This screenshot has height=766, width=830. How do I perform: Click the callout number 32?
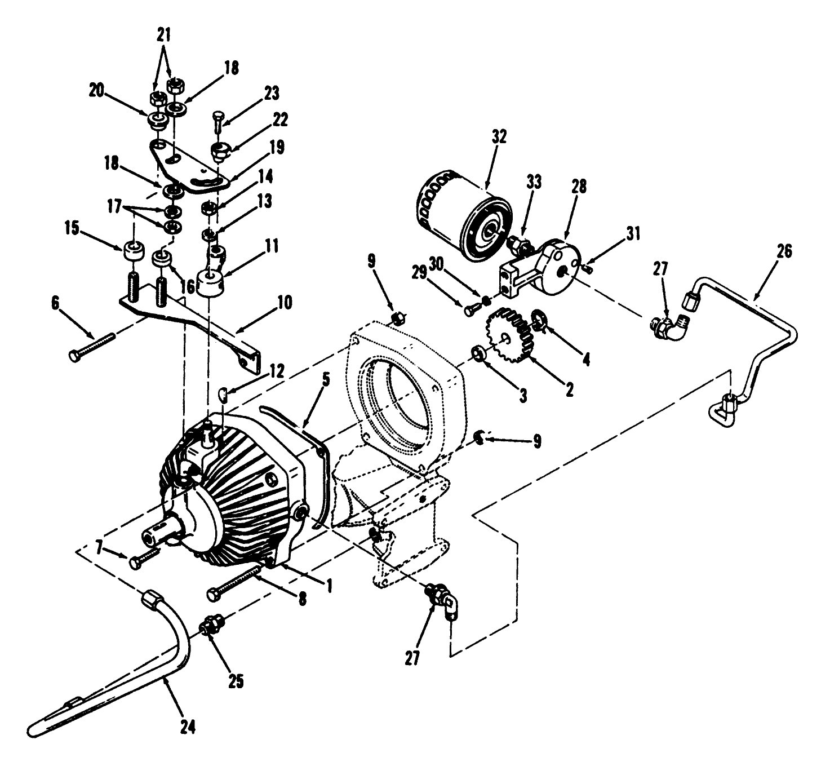tap(499, 136)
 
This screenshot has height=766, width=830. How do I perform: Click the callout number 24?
tap(188, 727)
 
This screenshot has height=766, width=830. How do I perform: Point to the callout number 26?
tap(784, 251)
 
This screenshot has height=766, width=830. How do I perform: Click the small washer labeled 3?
tap(479, 353)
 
